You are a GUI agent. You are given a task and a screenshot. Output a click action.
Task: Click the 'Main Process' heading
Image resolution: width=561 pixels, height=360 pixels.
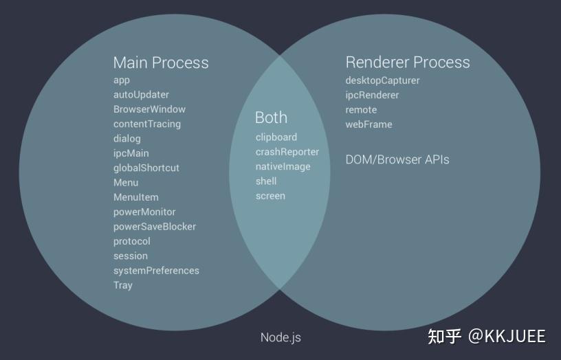(x=161, y=63)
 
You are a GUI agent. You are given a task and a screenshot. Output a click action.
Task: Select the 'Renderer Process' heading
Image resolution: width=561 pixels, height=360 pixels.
(x=408, y=63)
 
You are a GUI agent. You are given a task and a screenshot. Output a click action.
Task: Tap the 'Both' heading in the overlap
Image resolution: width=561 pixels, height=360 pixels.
(x=271, y=117)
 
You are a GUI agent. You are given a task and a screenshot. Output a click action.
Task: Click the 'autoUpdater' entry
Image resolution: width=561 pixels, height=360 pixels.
(x=141, y=95)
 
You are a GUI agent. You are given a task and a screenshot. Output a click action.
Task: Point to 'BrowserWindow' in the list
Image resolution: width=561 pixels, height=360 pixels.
(x=149, y=109)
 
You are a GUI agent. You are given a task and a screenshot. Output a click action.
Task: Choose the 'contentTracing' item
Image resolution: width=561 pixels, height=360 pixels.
(x=147, y=124)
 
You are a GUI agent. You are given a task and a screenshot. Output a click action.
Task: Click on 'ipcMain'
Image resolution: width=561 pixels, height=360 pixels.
(x=131, y=153)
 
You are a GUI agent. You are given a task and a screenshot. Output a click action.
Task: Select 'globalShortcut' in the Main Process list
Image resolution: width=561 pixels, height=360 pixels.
(x=146, y=168)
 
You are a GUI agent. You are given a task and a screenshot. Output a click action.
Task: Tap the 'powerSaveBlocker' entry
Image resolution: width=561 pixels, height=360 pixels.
(x=155, y=227)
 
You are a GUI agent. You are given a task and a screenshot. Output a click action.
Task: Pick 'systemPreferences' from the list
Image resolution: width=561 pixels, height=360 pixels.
(x=156, y=271)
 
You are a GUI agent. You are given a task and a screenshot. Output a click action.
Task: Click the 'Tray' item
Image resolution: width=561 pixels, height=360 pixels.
(x=123, y=285)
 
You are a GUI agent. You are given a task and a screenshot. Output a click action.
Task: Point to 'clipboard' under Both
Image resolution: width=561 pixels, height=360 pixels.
(x=276, y=137)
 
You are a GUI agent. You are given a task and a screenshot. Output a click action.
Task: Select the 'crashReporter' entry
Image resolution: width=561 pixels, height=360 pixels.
(x=287, y=152)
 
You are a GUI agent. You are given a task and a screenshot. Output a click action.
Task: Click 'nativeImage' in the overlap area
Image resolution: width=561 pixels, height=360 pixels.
(x=283, y=166)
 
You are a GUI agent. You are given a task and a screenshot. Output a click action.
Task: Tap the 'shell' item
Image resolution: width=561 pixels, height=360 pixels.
(x=266, y=181)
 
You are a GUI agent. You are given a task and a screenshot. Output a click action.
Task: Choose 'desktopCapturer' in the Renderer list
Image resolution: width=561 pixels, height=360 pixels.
(x=382, y=80)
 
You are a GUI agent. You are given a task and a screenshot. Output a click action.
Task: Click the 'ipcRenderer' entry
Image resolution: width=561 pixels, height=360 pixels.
(x=372, y=95)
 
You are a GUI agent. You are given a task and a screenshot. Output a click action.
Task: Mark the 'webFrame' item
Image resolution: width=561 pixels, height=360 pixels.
(x=368, y=124)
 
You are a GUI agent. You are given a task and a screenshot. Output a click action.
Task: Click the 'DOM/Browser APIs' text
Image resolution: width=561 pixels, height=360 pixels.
(x=397, y=159)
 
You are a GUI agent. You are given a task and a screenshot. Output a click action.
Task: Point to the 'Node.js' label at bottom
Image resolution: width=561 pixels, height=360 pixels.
(x=280, y=337)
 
